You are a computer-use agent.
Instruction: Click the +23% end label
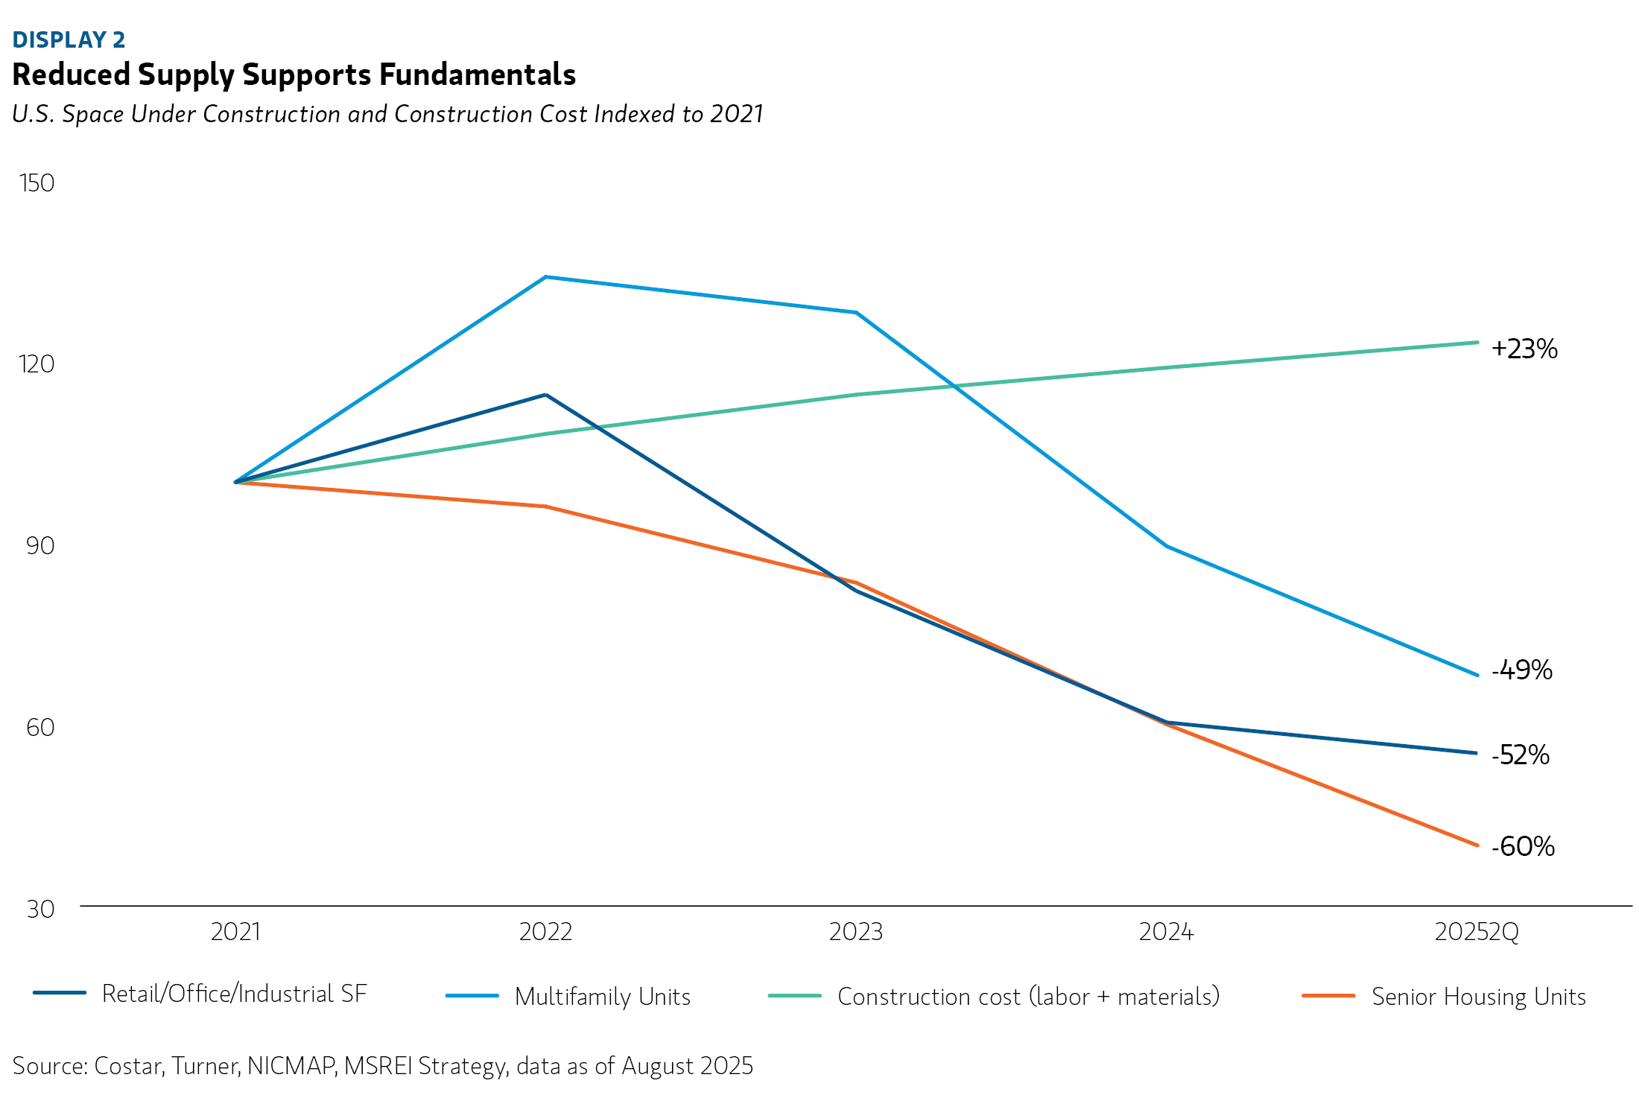click(1524, 349)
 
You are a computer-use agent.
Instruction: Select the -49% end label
click(1522, 670)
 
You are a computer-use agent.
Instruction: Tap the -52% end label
click(1521, 755)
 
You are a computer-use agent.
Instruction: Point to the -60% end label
click(1523, 846)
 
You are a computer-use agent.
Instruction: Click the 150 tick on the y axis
click(37, 183)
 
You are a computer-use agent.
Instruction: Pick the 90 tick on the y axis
click(40, 545)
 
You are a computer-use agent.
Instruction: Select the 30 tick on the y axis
click(40, 908)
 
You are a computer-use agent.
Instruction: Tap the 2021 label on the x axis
click(235, 931)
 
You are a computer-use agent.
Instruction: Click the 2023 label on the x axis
click(856, 931)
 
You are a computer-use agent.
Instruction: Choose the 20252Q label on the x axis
click(1477, 931)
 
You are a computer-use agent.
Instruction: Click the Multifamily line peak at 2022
click(546, 277)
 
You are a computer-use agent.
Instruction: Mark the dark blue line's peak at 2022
click(546, 395)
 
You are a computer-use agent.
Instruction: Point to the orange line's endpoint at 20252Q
click(1477, 845)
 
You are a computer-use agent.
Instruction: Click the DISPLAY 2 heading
click(69, 39)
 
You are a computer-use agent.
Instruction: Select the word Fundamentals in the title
click(478, 74)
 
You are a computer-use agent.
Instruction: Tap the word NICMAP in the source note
click(291, 1066)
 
